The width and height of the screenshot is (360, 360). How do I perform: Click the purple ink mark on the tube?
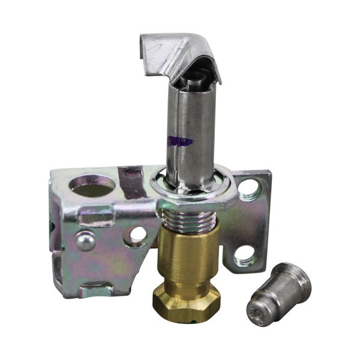181,141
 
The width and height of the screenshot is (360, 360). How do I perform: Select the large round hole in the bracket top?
92,185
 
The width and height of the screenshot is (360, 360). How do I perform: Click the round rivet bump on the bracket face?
86,241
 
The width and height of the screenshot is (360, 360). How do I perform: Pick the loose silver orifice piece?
279,294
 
